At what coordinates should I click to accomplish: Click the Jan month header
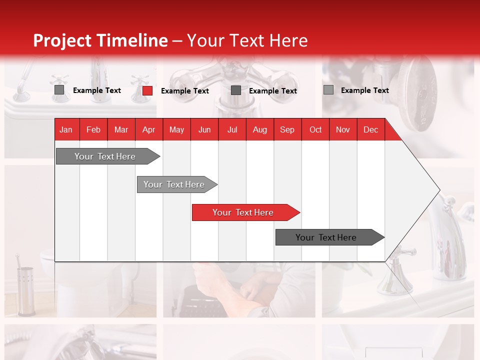click(x=66, y=129)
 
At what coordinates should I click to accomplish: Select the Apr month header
click(x=148, y=129)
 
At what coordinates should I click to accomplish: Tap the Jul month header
click(x=232, y=129)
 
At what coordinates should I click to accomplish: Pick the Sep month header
click(x=287, y=129)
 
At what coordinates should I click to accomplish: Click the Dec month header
click(x=370, y=129)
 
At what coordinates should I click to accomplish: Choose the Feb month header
click(x=93, y=129)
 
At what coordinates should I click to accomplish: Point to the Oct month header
click(x=315, y=129)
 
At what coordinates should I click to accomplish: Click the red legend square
click(x=147, y=90)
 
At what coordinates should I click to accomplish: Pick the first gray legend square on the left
click(x=59, y=90)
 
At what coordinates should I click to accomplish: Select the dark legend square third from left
click(x=236, y=90)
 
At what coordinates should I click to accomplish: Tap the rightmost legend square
click(x=328, y=90)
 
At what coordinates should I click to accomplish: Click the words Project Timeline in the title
click(x=100, y=40)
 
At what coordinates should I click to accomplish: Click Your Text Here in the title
click(x=247, y=40)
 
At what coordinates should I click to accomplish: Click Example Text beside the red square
click(x=185, y=91)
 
